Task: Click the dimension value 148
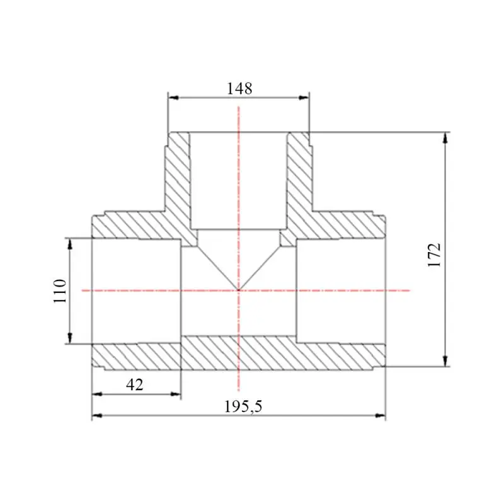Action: coord(239,88)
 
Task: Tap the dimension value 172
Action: coord(434,255)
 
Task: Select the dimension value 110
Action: coord(60,291)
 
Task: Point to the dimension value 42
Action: coord(135,384)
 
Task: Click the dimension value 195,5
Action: coord(243,406)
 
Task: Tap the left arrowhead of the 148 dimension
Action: coord(174,98)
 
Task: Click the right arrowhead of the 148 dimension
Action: coord(304,98)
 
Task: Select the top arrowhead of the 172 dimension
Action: coord(445,137)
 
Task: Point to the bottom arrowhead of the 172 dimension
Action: coord(445,361)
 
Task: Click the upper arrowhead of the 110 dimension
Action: coord(70,244)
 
